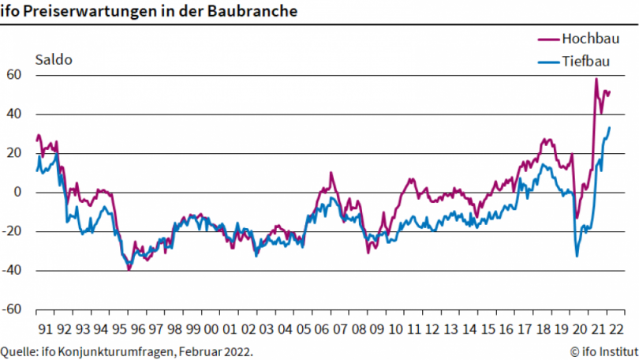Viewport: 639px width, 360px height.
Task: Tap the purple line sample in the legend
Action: [547, 39]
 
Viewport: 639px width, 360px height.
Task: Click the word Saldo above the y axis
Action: [54, 58]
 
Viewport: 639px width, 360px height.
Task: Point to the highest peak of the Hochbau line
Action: [596, 79]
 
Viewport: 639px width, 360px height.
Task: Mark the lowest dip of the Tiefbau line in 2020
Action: [577, 256]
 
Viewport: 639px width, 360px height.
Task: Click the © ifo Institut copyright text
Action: [603, 350]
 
